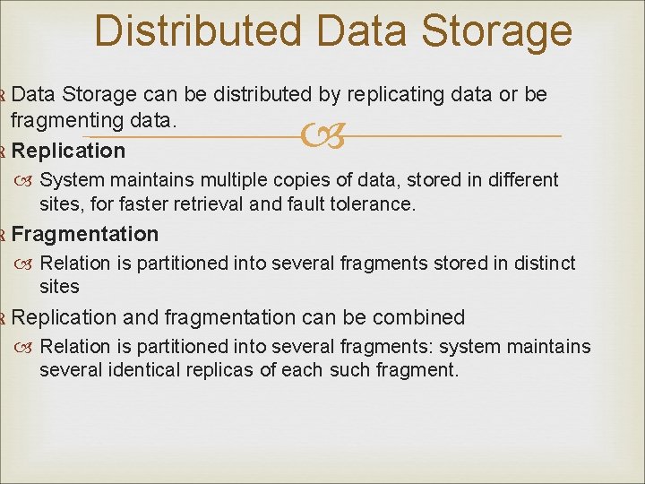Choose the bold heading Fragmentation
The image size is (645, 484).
[x=85, y=234]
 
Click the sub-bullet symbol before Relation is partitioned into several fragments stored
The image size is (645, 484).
[x=25, y=264]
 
